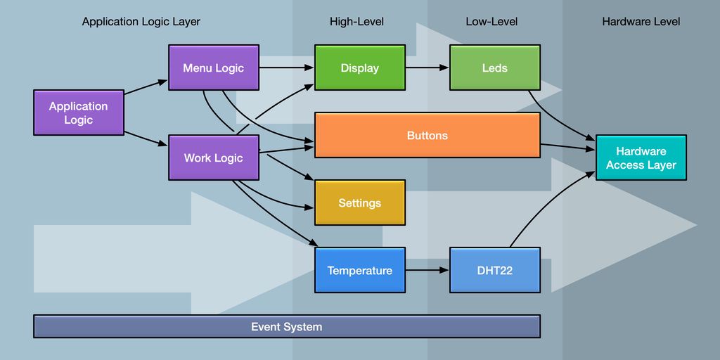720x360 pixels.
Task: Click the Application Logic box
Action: pyautogui.click(x=79, y=112)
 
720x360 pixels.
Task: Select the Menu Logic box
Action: pyautogui.click(x=214, y=67)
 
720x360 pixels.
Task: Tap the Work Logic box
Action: pyautogui.click(x=214, y=157)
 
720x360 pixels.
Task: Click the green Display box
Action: pyautogui.click(x=360, y=67)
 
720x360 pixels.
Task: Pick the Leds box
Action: pyautogui.click(x=495, y=67)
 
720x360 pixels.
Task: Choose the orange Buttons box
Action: pyautogui.click(x=427, y=135)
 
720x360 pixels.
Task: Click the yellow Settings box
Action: pyautogui.click(x=360, y=202)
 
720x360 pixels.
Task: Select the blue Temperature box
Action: pyautogui.click(x=360, y=270)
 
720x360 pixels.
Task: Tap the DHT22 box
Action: pyautogui.click(x=495, y=270)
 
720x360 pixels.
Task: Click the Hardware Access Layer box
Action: pyautogui.click(x=641, y=157)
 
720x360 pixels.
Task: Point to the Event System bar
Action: pyautogui.click(x=287, y=326)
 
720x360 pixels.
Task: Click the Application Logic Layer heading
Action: pyautogui.click(x=141, y=22)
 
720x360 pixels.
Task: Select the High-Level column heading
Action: pyautogui.click(x=356, y=22)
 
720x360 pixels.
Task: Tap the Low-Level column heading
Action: pyautogui.click(x=491, y=22)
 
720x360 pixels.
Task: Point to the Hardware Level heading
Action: pyautogui.click(x=641, y=22)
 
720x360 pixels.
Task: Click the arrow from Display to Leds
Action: pyautogui.click(x=427, y=67)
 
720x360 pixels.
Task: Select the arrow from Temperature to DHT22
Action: pyautogui.click(x=427, y=270)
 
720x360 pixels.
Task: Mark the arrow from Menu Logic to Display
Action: pyautogui.click(x=287, y=67)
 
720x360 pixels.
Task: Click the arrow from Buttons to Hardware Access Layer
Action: pyautogui.click(x=568, y=147)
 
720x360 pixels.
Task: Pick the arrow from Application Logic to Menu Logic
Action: pyautogui.click(x=146, y=87)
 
